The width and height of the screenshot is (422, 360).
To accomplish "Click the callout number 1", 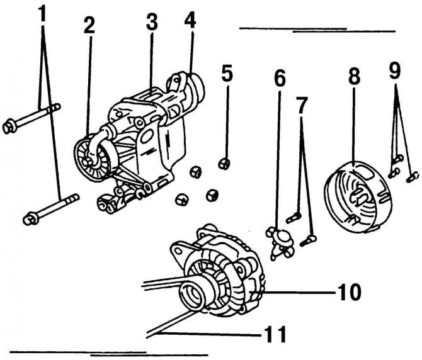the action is coord(42,13).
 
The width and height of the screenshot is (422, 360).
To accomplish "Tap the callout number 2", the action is coord(89,25).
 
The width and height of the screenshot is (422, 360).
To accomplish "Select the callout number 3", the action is coord(152,21).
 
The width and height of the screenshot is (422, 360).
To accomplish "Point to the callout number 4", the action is coord(190,19).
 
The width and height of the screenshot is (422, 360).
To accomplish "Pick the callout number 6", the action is coord(280,79).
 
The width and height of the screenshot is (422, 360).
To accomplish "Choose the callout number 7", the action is coord(302,104).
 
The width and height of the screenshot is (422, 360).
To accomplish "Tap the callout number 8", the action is coord(354,75).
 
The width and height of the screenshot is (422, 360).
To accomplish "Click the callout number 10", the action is coord(349,291).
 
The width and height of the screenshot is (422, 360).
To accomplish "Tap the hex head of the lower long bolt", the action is coord(31,218).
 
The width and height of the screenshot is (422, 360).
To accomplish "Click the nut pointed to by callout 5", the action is coord(224,164).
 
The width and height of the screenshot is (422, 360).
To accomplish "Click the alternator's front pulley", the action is coord(192,295).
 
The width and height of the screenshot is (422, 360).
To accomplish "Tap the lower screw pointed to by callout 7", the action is coord(308,240).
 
